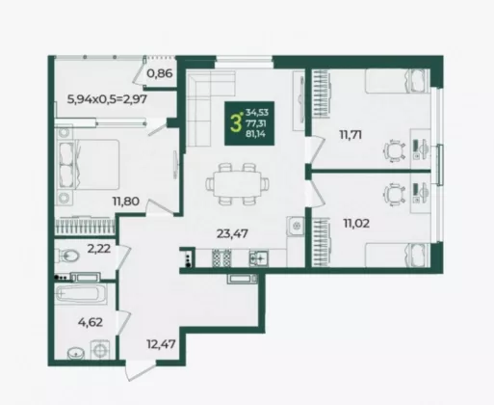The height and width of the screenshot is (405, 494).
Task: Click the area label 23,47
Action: [x=232, y=233]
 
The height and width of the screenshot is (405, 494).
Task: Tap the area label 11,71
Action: [x=351, y=135]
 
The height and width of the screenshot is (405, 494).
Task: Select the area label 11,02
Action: [x=356, y=223]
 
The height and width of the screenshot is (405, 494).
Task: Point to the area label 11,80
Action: [x=125, y=202]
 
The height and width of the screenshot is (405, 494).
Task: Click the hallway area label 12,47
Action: [x=161, y=344]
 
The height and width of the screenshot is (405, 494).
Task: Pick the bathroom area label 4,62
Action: [x=91, y=322]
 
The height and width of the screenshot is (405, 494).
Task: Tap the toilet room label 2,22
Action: [x=99, y=249]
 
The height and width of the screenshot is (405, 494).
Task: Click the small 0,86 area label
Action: [x=160, y=73]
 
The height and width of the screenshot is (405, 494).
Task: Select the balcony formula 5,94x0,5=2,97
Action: [x=107, y=99]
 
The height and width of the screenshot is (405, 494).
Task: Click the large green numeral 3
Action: [x=235, y=123]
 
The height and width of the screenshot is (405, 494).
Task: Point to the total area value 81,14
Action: [x=255, y=134]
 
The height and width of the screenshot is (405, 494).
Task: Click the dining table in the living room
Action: [x=238, y=184]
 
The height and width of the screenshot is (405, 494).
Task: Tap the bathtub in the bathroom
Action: [x=80, y=293]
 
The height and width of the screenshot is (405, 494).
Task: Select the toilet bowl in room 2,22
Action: [x=68, y=256]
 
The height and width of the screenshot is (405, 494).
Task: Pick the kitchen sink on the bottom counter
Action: [x=259, y=257]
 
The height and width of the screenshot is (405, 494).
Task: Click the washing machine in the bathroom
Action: [x=100, y=349]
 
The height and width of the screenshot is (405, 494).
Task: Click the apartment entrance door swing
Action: [x=138, y=369]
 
